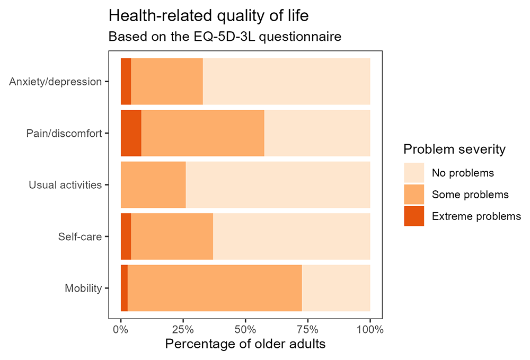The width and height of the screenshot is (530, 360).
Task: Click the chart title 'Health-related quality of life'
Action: coord(208,16)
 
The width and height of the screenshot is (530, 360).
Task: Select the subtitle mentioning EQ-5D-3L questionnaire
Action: coord(225,37)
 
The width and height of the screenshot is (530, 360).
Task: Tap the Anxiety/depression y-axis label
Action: coord(56,82)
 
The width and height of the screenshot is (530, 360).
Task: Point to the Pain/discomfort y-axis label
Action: coord(64,134)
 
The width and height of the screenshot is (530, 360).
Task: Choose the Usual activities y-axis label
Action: coord(65,185)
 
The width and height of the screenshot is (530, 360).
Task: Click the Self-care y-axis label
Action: coord(80,236)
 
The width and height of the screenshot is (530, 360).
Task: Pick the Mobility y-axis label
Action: coord(83,288)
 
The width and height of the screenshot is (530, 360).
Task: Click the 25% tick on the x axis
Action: coord(183,329)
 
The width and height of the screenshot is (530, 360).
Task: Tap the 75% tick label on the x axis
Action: coord(307,329)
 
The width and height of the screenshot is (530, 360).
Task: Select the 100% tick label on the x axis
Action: coord(370,329)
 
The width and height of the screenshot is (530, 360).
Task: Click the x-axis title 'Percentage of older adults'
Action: coord(245,344)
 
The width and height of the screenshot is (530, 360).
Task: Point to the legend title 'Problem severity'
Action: coord(454,149)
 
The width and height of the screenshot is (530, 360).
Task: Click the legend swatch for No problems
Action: coord(414,173)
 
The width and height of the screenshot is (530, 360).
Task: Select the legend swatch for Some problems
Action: coord(414,195)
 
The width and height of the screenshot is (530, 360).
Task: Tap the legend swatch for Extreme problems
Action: coord(414,216)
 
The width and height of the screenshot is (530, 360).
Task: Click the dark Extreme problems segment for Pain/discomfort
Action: coord(131,133)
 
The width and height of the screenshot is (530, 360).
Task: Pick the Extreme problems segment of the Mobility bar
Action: coord(125,288)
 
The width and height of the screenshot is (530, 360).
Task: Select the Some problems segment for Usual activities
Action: coord(153,185)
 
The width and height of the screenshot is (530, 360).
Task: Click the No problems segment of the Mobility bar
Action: coord(336,288)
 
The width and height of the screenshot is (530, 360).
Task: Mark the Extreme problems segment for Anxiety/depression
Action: coord(126,82)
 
